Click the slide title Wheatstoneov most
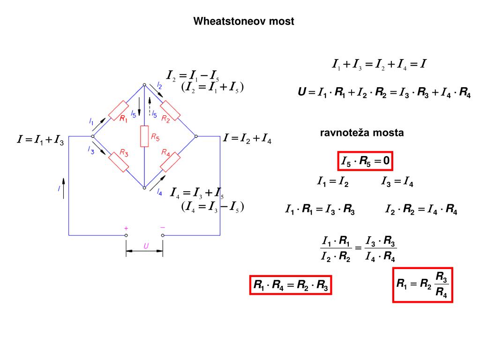click(244, 21)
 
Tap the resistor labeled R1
click(119, 110)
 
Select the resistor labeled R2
click(170, 110)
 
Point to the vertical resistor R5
click(144, 136)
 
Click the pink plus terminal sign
click(126, 228)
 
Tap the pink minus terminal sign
click(163, 227)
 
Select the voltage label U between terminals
click(146, 246)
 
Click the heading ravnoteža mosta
click(362, 133)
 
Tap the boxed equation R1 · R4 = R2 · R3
click(291, 285)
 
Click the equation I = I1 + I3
click(41, 139)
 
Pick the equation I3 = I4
click(397, 181)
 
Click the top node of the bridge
click(144, 84)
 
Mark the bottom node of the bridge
click(144, 187)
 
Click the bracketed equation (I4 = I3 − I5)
click(213, 207)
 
